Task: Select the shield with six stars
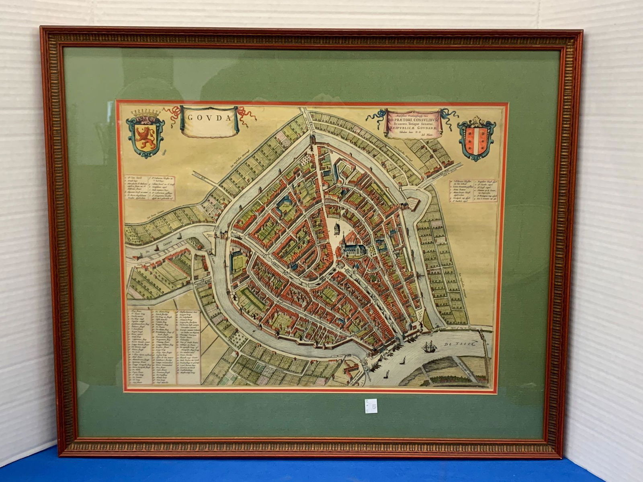click(x=477, y=138)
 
